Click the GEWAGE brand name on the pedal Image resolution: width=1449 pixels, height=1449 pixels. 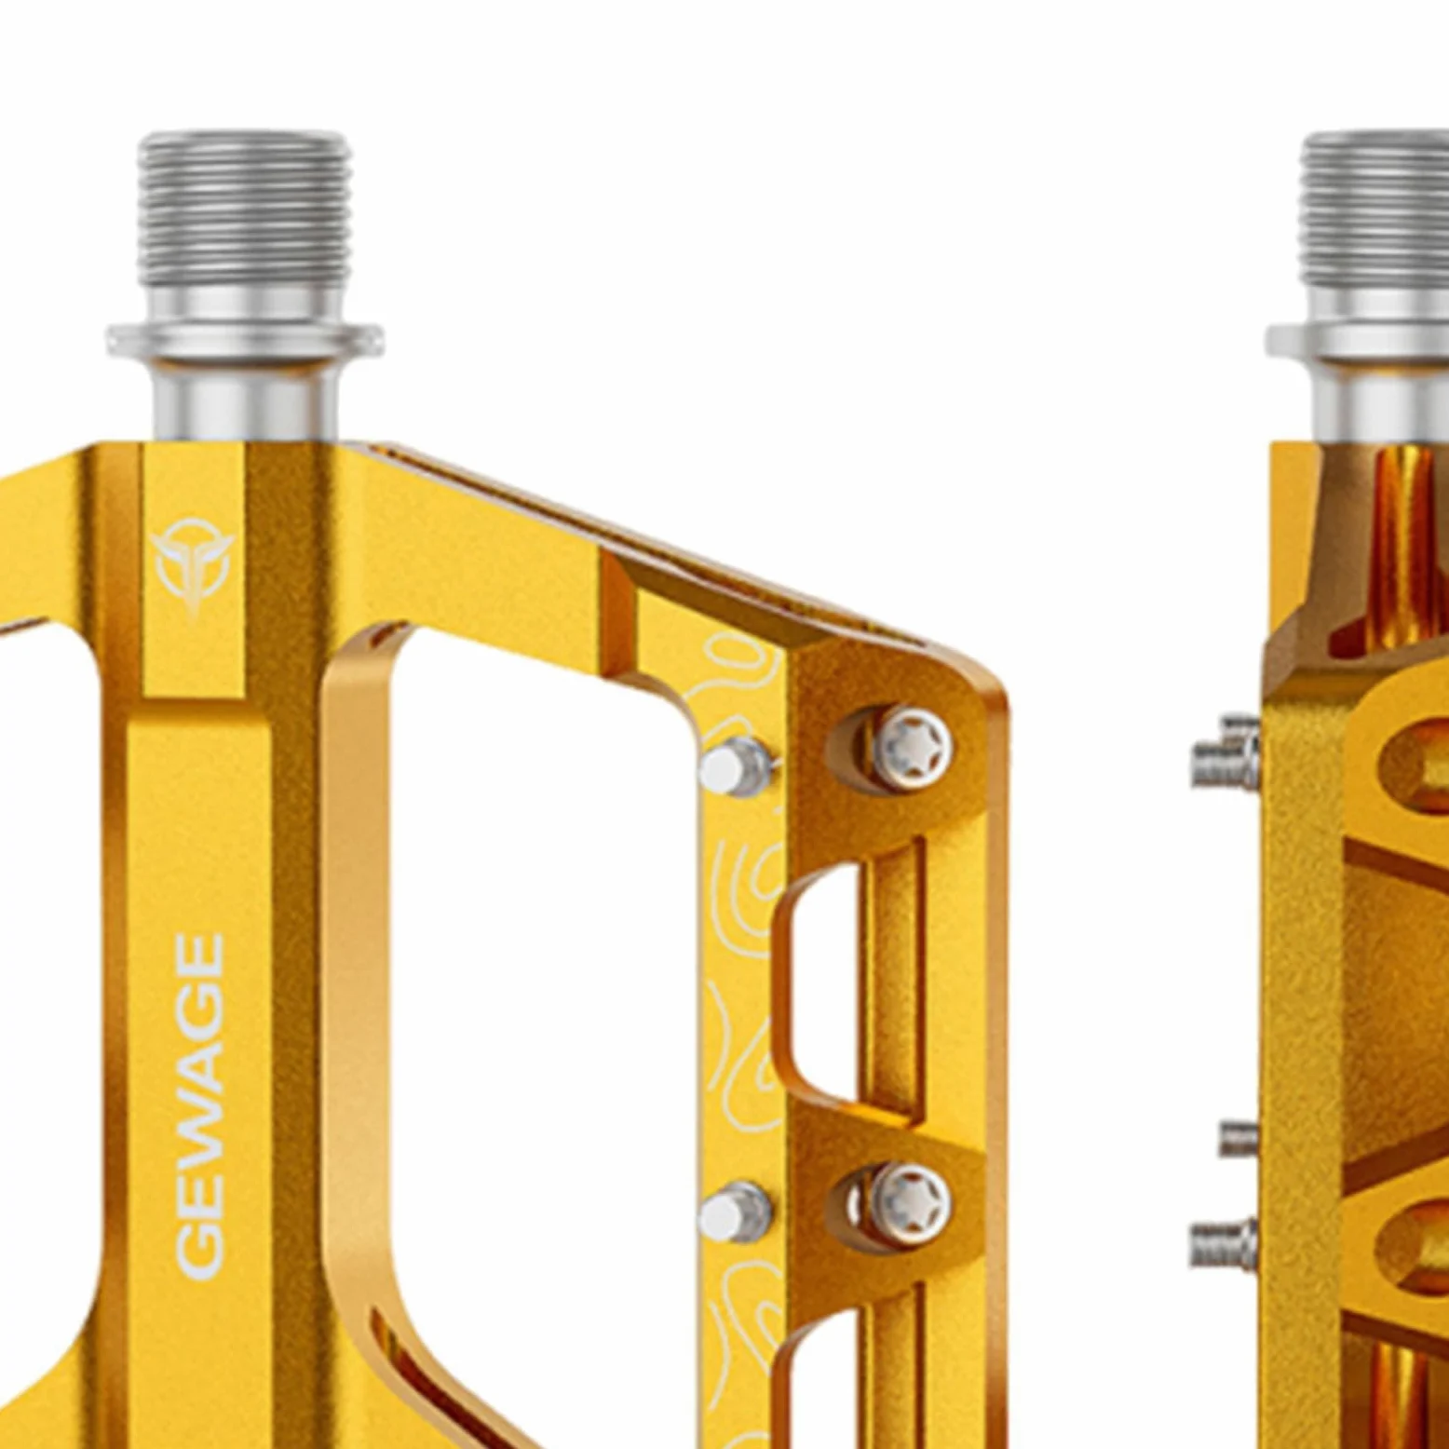click(200, 1106)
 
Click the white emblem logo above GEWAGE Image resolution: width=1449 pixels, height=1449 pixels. click(193, 565)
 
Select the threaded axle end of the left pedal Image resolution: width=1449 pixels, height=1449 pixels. click(244, 210)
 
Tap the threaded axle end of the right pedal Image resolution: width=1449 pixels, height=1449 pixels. click(1375, 210)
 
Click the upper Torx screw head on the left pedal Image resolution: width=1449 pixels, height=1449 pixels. click(913, 748)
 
